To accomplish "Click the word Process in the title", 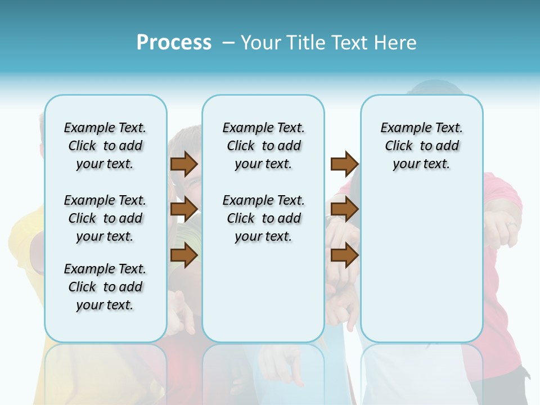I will click(x=174, y=43).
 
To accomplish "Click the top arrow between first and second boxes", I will click(x=184, y=164).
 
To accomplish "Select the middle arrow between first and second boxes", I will click(x=184, y=209).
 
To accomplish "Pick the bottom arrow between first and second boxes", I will click(x=184, y=255).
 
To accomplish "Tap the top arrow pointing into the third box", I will click(x=344, y=164).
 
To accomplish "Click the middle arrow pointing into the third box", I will click(x=344, y=209).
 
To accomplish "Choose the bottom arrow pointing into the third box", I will click(x=344, y=255).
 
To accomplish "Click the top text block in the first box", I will click(x=105, y=146).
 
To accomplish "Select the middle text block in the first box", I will click(x=105, y=218).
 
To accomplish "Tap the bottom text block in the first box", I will click(x=105, y=287).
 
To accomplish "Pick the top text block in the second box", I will click(x=263, y=146).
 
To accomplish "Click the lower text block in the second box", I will click(x=263, y=218).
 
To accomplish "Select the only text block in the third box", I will click(x=421, y=146).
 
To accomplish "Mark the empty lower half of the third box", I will click(x=421, y=270).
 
